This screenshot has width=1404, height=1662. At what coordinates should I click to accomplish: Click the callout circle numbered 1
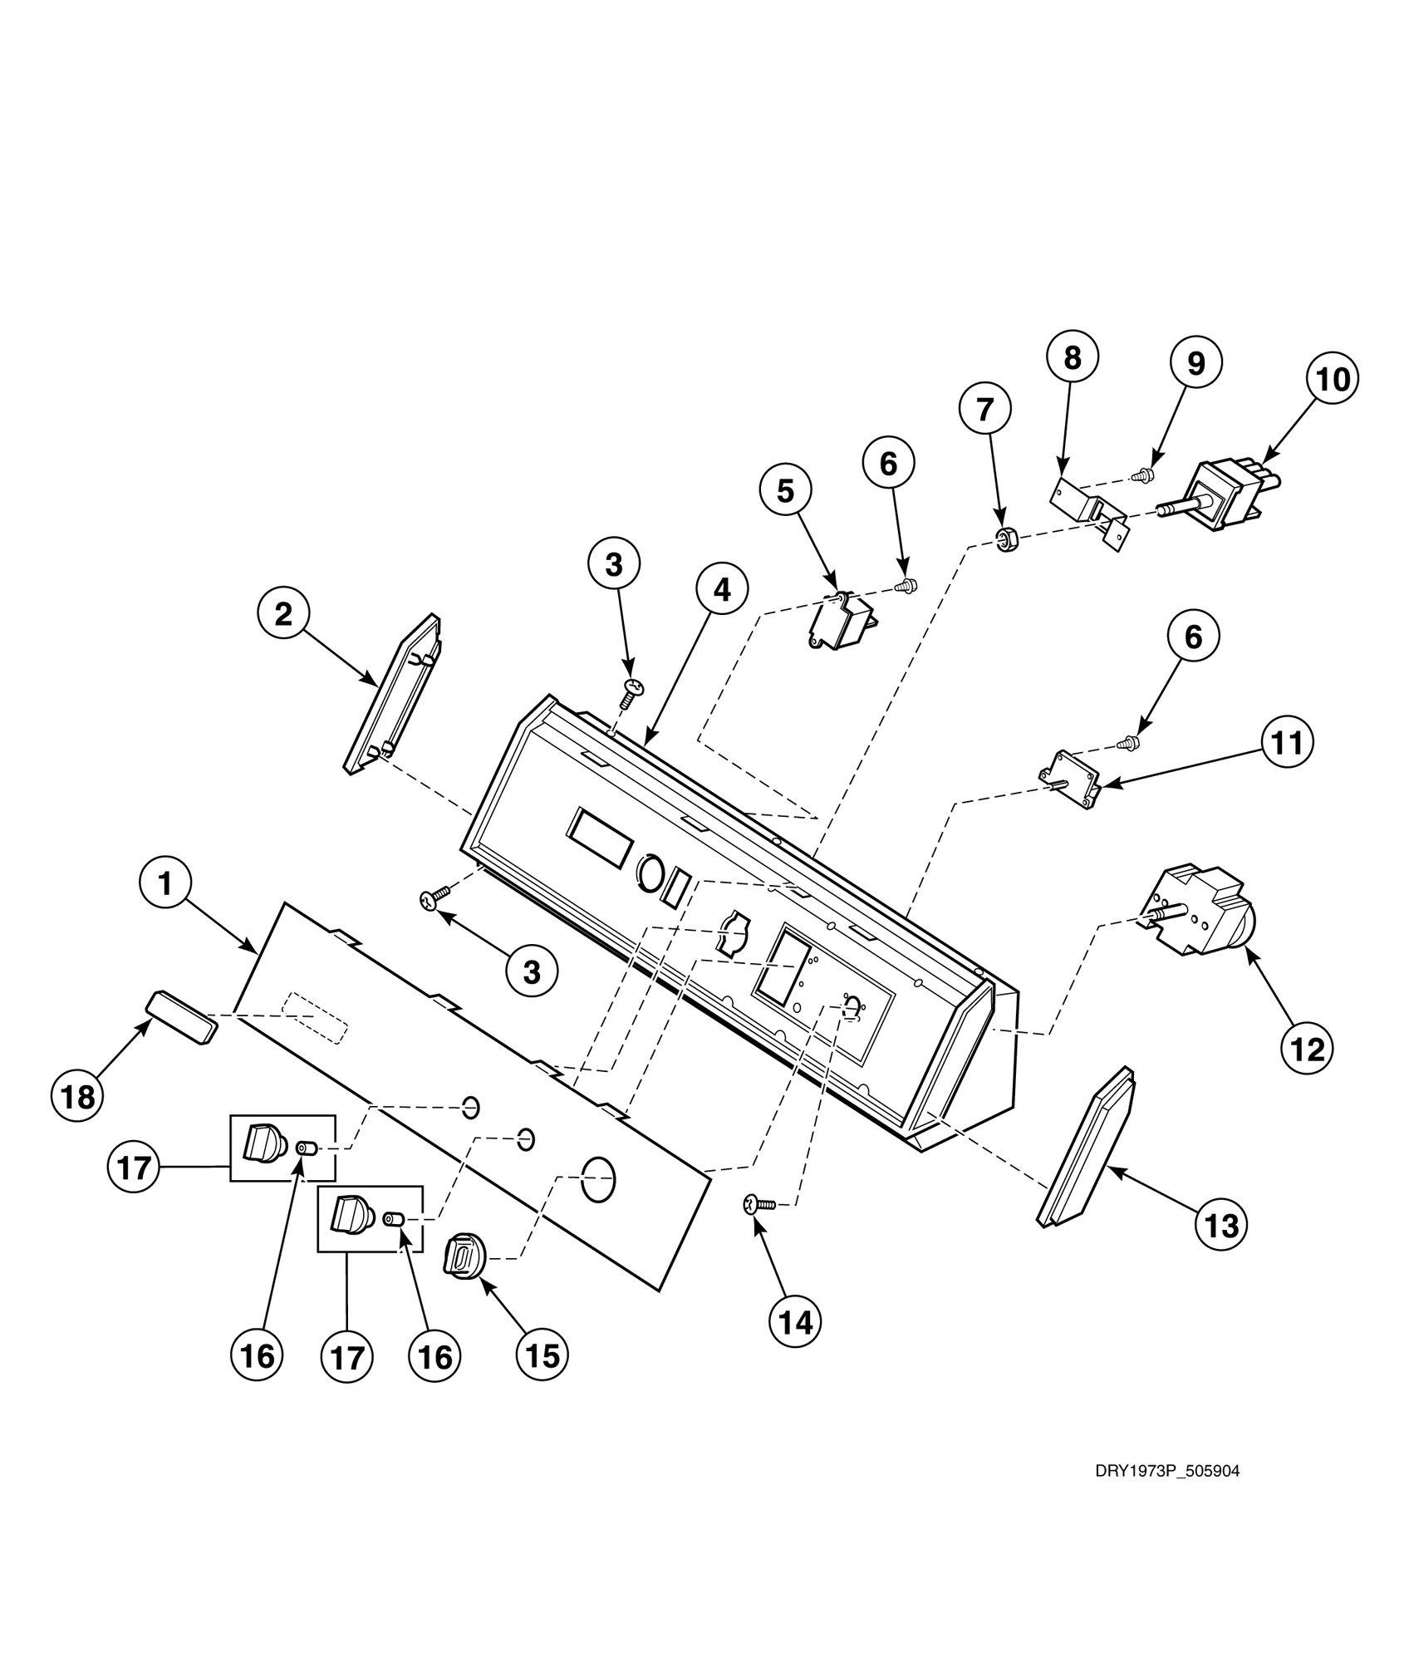(165, 884)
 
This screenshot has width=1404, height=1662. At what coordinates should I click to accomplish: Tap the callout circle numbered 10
(1333, 380)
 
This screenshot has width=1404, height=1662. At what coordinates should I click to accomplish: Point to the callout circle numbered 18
(78, 1098)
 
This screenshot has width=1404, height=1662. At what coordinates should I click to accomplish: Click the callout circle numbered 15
(542, 1355)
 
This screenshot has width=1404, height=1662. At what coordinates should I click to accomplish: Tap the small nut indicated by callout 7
(1006, 543)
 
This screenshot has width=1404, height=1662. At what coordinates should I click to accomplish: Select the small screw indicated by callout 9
(1144, 475)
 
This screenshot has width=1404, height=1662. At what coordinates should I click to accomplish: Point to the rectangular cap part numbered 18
(182, 1015)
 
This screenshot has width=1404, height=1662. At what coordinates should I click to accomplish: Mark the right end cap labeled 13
(1086, 1149)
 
